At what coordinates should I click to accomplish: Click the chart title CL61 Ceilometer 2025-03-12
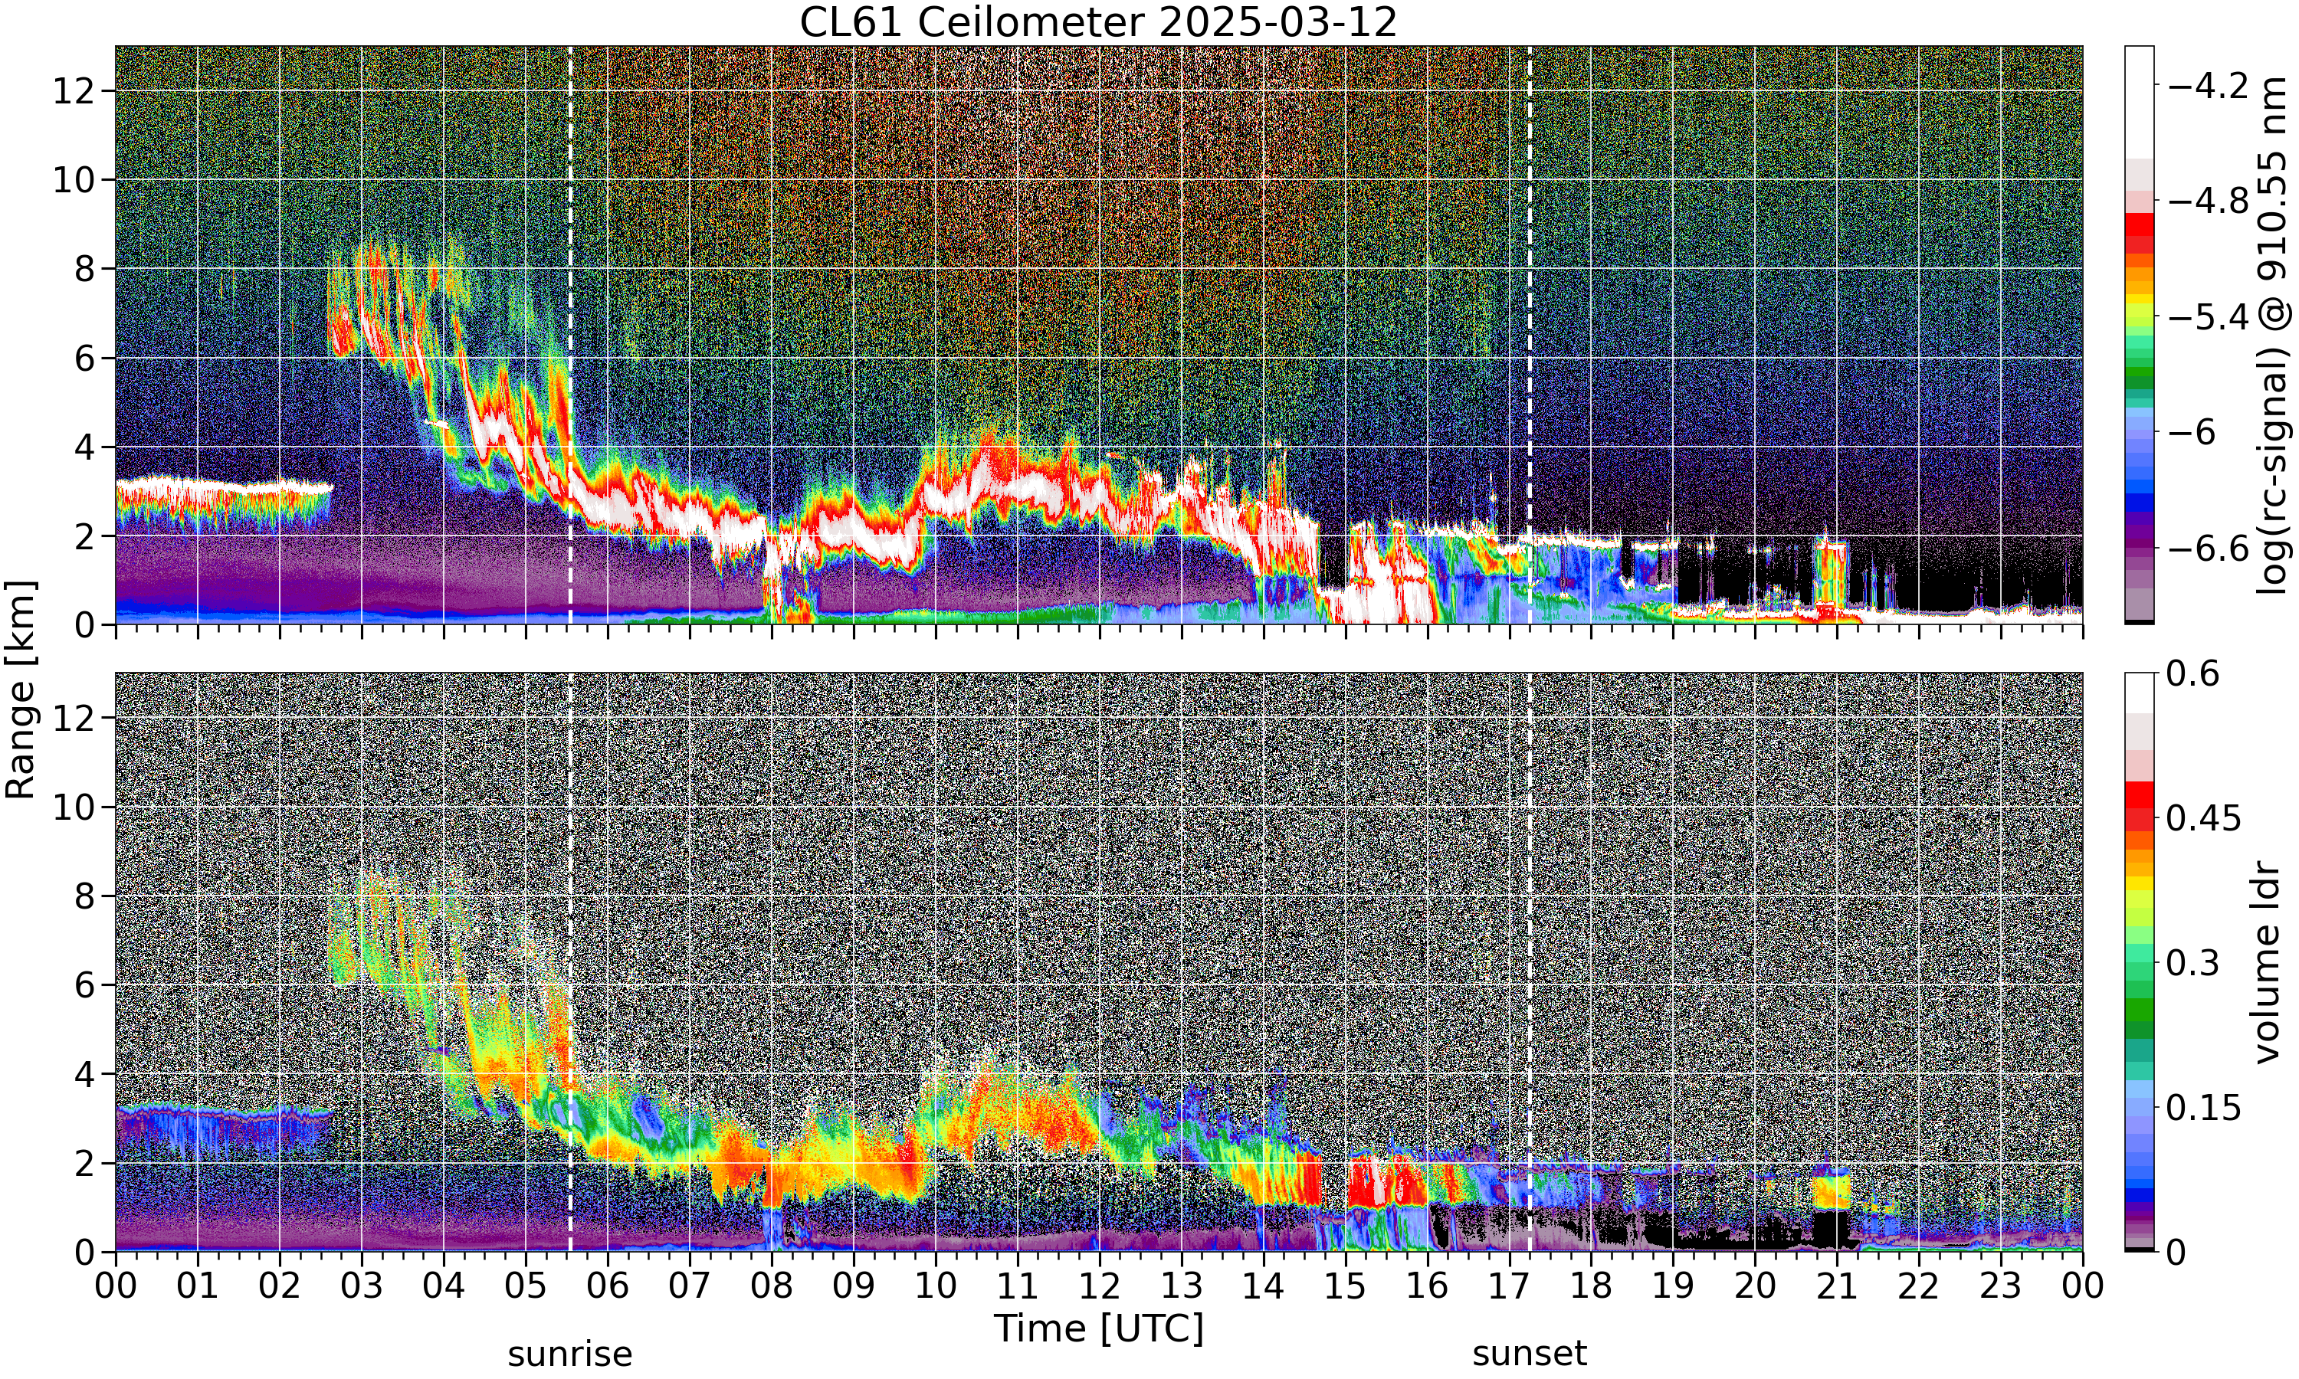(x=1098, y=22)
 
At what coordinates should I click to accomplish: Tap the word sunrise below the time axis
(x=569, y=1354)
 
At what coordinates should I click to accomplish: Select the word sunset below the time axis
(x=1530, y=1354)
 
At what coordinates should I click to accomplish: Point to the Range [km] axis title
(x=21, y=690)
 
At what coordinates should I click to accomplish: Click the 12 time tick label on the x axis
(x=1100, y=1287)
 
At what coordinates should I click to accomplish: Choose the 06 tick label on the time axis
(x=608, y=1287)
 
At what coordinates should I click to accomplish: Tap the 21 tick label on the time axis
(x=1837, y=1287)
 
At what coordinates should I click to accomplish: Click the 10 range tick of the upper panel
(x=74, y=180)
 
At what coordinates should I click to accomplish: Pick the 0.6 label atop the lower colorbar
(x=2194, y=673)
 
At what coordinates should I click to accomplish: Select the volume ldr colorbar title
(x=2268, y=964)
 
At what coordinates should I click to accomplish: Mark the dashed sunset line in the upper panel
(x=1530, y=336)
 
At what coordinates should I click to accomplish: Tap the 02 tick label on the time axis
(x=280, y=1287)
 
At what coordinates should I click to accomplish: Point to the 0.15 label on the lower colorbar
(x=2204, y=1109)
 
